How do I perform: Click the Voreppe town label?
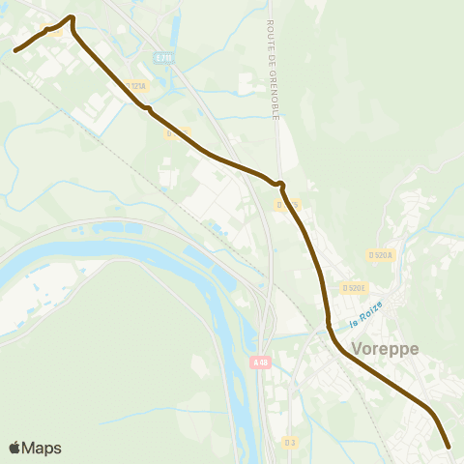click(386, 350)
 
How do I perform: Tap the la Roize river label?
click(366, 312)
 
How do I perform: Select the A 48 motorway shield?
click(258, 362)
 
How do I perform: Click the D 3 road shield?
click(290, 442)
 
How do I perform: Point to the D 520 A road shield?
click(381, 255)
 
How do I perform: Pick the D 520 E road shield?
click(354, 288)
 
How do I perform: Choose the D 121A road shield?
click(136, 87)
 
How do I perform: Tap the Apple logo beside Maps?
click(15, 448)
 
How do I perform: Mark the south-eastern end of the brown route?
click(449, 447)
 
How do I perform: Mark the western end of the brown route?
click(14, 50)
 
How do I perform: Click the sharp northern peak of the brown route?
click(72, 16)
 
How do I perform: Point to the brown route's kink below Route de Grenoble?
click(280, 183)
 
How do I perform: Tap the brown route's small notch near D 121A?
click(147, 108)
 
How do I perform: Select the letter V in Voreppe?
click(359, 350)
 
